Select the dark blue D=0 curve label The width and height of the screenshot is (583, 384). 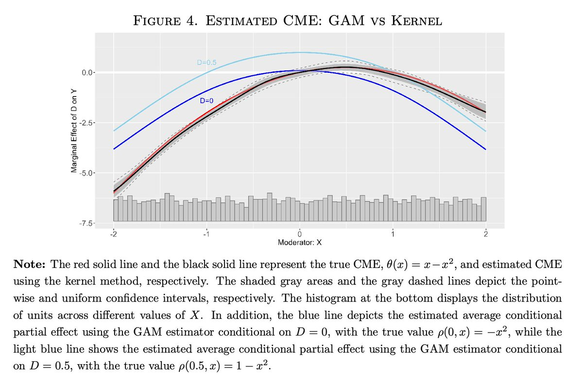tap(207, 100)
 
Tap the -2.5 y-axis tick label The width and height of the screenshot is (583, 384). tap(86, 122)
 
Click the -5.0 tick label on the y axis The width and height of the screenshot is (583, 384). tap(86, 173)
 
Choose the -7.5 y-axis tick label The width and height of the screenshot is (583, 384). tap(86, 223)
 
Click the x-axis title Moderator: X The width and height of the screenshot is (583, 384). tap(300, 241)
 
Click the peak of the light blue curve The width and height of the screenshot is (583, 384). tap(300, 52)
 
